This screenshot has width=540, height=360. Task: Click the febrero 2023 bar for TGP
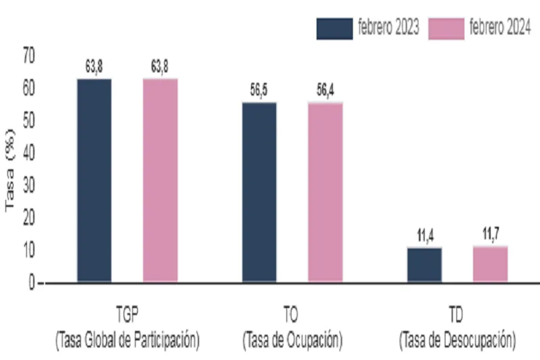click(x=94, y=180)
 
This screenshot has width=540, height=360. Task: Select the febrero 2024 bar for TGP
click(x=160, y=180)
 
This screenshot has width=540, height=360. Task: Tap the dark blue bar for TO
click(x=259, y=192)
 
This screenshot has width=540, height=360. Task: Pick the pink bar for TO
click(x=325, y=192)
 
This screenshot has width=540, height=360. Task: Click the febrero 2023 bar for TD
click(x=425, y=265)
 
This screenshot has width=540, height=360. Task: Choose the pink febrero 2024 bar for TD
click(x=490, y=264)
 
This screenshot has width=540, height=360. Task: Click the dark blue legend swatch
click(x=335, y=28)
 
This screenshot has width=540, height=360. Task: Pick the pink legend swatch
click(x=446, y=28)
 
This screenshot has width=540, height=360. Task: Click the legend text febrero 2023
click(x=389, y=28)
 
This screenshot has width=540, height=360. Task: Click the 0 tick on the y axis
click(x=31, y=283)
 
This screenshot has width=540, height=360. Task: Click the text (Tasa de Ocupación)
click(x=292, y=340)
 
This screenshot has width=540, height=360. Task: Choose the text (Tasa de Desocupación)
click(x=458, y=340)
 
